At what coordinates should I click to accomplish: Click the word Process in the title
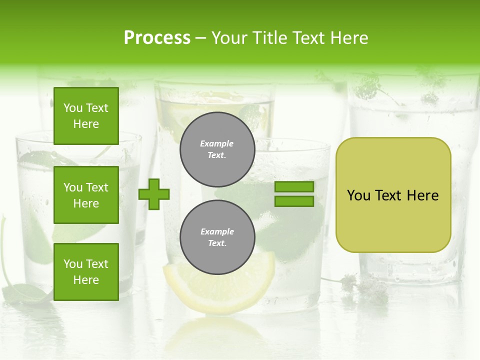[x=157, y=38]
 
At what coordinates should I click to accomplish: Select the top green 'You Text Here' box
[x=86, y=116]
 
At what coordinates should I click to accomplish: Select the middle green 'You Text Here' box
[x=86, y=195]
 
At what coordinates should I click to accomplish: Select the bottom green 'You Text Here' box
[x=86, y=271]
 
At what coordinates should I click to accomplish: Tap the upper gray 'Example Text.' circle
[x=217, y=149]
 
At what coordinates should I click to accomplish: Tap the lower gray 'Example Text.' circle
[x=217, y=237]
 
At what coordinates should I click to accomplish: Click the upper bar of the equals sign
[x=294, y=187]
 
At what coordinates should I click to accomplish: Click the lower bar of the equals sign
[x=294, y=201]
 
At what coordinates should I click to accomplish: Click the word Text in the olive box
[x=389, y=195]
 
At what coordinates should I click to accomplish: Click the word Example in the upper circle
[x=217, y=143]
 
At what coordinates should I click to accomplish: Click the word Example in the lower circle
[x=217, y=231]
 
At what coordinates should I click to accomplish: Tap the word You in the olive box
[x=358, y=195]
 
